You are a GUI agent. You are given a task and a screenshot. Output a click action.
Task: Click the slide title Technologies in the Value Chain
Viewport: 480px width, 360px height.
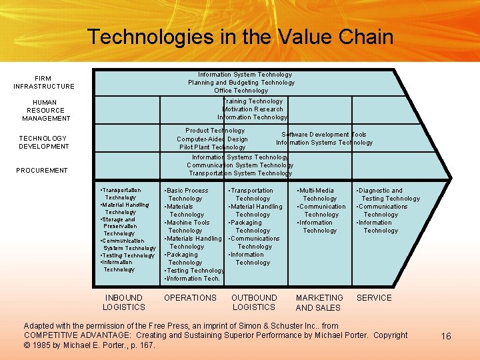click(x=240, y=37)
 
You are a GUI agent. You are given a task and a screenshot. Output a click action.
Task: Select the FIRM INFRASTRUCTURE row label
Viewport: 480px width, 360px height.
click(x=44, y=82)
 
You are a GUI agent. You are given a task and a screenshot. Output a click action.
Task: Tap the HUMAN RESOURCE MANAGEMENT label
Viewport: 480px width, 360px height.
click(x=46, y=110)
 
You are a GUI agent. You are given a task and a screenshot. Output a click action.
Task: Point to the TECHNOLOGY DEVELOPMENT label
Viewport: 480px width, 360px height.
click(x=43, y=142)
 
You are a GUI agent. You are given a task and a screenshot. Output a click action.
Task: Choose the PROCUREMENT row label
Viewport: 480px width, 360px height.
click(x=42, y=170)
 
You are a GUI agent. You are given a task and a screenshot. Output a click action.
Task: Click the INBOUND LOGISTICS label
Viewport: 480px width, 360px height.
click(x=123, y=302)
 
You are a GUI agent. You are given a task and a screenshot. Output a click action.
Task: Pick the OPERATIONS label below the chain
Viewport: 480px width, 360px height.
click(x=190, y=297)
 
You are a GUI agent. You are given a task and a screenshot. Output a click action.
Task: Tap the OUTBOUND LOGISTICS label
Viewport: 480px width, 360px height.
click(x=254, y=302)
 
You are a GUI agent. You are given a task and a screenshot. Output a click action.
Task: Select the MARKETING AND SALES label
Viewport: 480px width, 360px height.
click(x=319, y=303)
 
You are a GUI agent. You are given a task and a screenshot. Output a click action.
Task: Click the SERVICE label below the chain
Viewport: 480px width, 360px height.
click(x=374, y=297)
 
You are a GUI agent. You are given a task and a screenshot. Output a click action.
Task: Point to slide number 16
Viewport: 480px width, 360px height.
click(x=446, y=336)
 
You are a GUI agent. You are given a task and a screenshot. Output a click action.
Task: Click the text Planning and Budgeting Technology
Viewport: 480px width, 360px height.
click(x=241, y=83)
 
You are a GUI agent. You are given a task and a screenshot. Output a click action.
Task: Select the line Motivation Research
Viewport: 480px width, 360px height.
click(x=253, y=109)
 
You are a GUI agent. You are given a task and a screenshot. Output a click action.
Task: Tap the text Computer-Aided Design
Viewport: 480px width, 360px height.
click(x=212, y=139)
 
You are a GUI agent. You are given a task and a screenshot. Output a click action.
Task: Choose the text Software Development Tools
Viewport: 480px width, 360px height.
click(x=324, y=134)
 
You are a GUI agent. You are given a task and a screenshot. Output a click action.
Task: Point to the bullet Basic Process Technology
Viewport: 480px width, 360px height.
click(x=187, y=194)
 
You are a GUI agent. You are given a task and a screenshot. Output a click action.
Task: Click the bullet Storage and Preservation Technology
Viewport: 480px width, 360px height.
click(x=119, y=226)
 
